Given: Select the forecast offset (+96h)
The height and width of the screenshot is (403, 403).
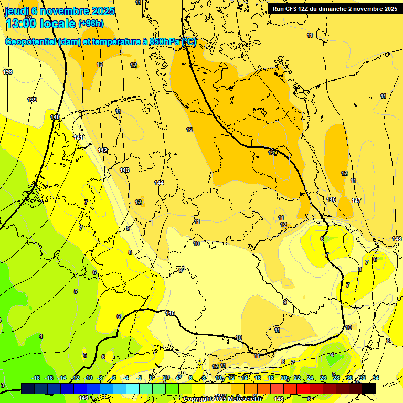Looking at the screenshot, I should click(x=91, y=24).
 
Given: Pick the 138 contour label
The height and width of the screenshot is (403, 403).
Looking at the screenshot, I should click(x=7, y=72).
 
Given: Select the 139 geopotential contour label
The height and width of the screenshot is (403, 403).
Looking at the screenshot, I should click(x=32, y=100).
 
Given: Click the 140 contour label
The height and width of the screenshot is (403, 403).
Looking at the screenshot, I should click(x=55, y=117).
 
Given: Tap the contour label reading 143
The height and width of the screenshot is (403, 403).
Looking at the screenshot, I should click(x=124, y=170).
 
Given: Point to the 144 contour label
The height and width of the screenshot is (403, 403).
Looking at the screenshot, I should click(x=159, y=183).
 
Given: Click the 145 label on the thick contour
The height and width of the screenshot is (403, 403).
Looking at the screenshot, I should click(x=169, y=313).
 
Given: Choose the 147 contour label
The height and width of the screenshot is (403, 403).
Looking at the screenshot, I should click(x=356, y=201).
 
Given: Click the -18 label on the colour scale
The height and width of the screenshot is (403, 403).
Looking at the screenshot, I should click(x=36, y=378).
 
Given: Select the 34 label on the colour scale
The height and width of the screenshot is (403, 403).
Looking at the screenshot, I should click(x=376, y=378).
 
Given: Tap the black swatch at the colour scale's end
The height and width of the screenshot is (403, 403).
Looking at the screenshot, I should click(x=369, y=388).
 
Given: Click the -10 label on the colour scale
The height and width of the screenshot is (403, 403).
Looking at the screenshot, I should click(x=88, y=378).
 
